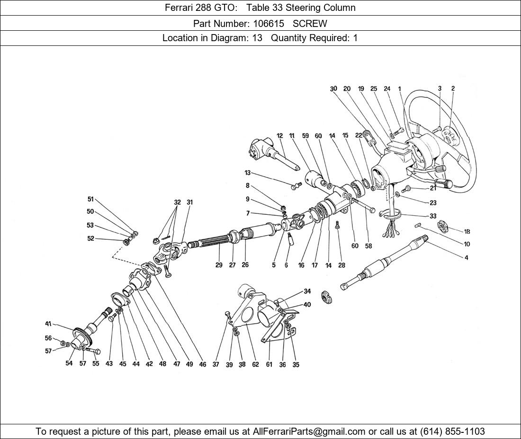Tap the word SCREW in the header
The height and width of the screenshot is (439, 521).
[310, 23]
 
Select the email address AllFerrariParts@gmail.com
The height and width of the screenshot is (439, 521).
[309, 431]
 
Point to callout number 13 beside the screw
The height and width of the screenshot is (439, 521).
[247, 173]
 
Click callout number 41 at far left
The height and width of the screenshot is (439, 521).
[48, 324]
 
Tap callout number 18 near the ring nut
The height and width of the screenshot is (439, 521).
[467, 232]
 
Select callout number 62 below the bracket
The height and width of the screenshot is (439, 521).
[255, 365]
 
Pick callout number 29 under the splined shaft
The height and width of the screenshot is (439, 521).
[219, 265]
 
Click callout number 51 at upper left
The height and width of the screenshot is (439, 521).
[90, 199]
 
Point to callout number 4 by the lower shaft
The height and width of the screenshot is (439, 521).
[466, 258]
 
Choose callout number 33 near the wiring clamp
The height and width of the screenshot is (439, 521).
[433, 216]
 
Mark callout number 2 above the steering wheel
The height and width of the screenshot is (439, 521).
[453, 88]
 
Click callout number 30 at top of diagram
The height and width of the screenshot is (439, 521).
[333, 88]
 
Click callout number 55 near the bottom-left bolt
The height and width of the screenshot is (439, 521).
[96, 363]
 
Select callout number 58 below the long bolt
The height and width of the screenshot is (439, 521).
[368, 246]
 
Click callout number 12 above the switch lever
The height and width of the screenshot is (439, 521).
[279, 136]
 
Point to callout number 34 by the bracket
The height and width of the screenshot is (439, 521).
[307, 291]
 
